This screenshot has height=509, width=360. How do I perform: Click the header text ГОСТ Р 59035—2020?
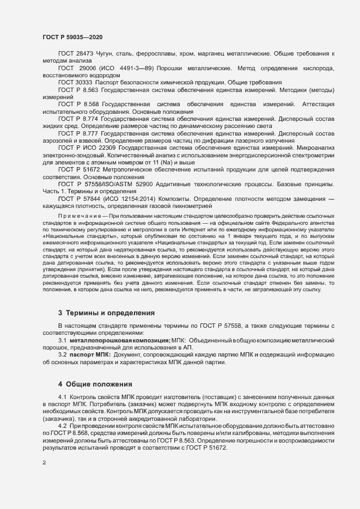[x=72, y=36]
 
